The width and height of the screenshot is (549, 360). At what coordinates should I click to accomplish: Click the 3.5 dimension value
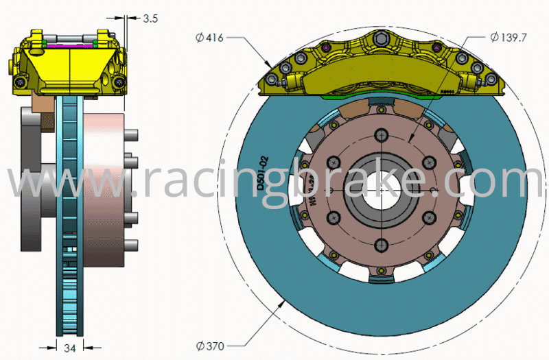150,19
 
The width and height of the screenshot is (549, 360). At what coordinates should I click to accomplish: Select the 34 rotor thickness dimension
69,348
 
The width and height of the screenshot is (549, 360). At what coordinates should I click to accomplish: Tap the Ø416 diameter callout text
209,38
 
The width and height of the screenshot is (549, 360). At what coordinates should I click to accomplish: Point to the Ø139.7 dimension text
509,37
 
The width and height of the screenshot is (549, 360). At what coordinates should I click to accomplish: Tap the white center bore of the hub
380,192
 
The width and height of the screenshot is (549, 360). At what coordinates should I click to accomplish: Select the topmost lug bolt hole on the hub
381,142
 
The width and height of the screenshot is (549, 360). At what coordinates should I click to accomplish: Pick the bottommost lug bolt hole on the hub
381,243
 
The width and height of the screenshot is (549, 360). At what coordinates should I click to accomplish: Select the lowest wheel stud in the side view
132,245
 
